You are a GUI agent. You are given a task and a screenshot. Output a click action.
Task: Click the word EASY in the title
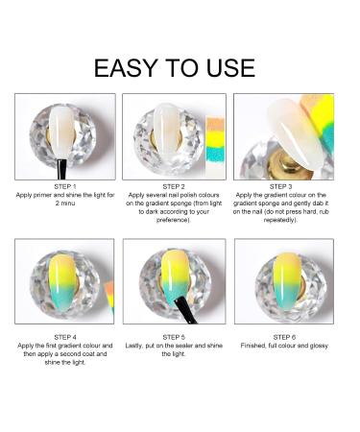pyautogui.click(x=125, y=68)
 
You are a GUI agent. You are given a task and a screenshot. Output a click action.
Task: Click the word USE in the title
pyautogui.click(x=230, y=68)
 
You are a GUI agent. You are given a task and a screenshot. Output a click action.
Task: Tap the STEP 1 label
pyautogui.click(x=65, y=186)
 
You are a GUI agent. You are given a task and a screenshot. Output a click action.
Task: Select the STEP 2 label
pyautogui.click(x=174, y=186)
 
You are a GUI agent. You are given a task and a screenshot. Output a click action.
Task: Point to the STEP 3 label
pyautogui.click(x=280, y=186)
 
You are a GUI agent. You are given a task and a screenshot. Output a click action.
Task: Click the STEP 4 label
pyautogui.click(x=65, y=337)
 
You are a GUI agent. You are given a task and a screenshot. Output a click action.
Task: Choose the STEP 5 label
pyautogui.click(x=174, y=337)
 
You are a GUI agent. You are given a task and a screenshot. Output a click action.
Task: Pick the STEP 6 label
pyautogui.click(x=284, y=337)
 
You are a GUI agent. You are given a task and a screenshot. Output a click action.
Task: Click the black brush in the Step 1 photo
pyautogui.click(x=61, y=169)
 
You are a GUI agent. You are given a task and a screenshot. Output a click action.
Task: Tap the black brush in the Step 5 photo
pyautogui.click(x=184, y=310)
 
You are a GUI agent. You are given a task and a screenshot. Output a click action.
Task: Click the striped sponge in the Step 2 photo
pyautogui.click(x=216, y=143)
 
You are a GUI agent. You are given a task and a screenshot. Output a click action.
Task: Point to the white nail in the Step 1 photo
pyautogui.click(x=61, y=132)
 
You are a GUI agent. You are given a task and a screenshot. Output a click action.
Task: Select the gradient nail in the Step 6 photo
pyautogui.click(x=287, y=280)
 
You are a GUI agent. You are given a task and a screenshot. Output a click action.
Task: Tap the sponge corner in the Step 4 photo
pyautogui.click(x=109, y=298)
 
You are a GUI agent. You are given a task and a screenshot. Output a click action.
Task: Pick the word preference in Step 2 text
pyautogui.click(x=173, y=220)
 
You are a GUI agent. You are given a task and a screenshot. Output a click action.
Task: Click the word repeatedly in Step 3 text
pyautogui.click(x=279, y=220)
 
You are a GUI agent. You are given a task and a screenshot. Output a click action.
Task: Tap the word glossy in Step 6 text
pyautogui.click(x=319, y=346)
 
